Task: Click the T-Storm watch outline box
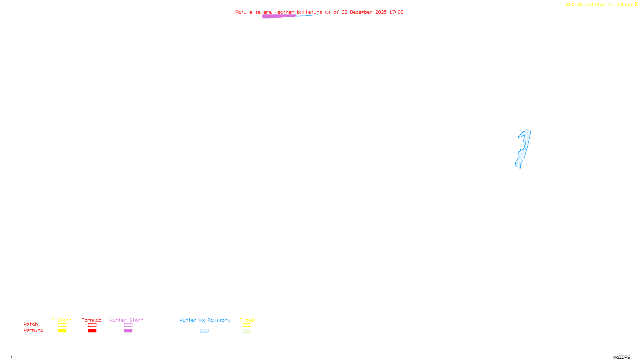click(62, 325)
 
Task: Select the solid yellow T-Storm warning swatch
click(62, 331)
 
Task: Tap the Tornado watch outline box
click(92, 325)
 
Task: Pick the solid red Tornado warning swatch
click(92, 331)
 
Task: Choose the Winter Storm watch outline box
click(128, 325)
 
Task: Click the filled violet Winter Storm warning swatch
click(128, 331)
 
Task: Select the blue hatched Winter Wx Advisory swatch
click(204, 331)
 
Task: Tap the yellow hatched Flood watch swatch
click(247, 325)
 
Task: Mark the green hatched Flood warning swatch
click(247, 331)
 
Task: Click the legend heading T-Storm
click(62, 320)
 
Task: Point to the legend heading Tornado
click(92, 320)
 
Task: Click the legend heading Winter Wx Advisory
click(205, 320)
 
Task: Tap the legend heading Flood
click(247, 320)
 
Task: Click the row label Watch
click(31, 324)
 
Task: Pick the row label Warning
click(33, 330)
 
